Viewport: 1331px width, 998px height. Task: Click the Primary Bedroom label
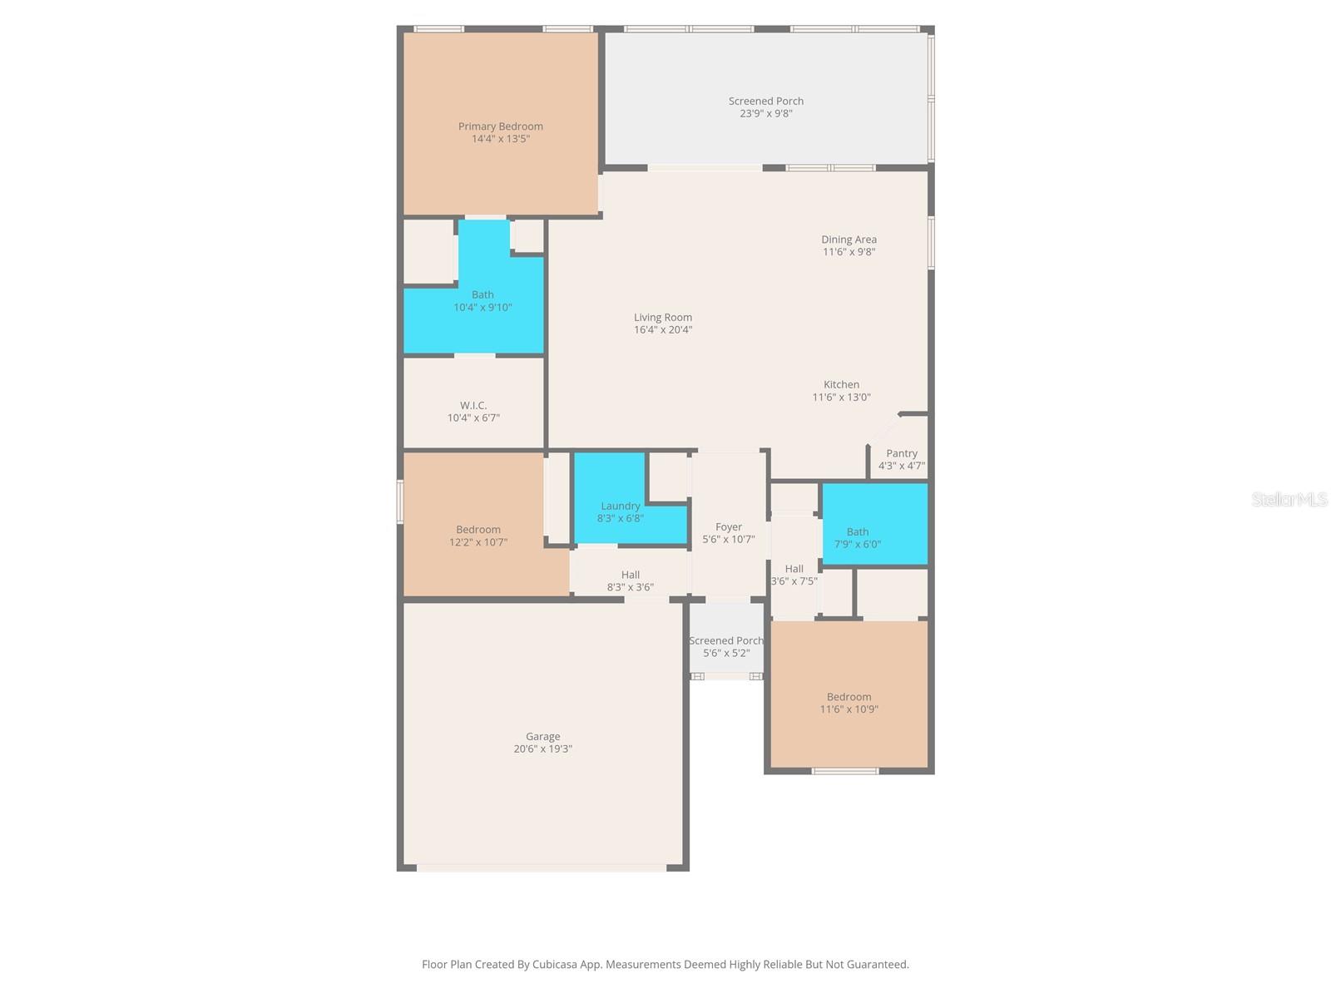pos(500,126)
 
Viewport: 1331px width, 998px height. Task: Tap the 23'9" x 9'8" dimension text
pos(765,114)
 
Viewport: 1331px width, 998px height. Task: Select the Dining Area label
pos(849,240)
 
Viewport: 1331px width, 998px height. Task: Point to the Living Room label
pos(662,317)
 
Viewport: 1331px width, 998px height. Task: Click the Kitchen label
pos(841,384)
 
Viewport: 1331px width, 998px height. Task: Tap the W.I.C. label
pos(473,406)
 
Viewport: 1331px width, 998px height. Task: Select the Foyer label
pos(728,527)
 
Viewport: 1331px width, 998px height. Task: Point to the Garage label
pos(542,736)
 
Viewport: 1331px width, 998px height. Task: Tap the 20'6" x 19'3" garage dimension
pos(542,749)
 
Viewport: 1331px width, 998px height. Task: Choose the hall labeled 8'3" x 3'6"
pos(630,581)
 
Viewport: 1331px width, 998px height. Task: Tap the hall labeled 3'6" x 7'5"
pos(794,575)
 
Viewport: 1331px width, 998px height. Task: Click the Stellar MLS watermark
pos(1289,499)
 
